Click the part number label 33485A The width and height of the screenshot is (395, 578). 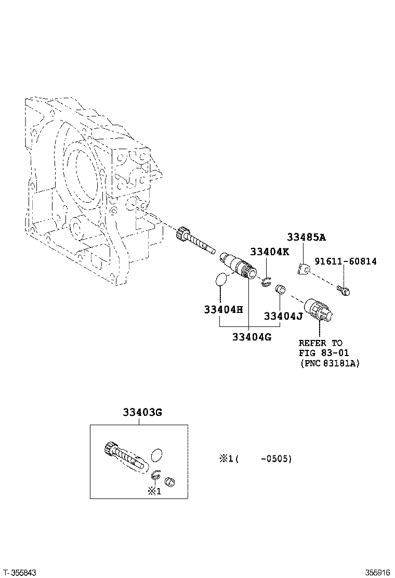[306, 238]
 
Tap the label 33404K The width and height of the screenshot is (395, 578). [269, 252]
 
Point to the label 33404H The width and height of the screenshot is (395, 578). [223, 310]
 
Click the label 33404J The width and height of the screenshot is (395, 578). [283, 316]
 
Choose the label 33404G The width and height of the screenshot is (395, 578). [252, 336]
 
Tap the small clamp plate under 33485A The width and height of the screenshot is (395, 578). [305, 269]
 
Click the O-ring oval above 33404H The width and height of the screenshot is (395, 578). [221, 279]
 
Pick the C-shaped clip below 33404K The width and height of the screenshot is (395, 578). [266, 282]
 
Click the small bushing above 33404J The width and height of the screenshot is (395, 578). [280, 288]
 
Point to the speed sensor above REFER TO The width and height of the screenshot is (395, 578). [320, 310]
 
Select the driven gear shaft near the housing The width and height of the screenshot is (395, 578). [195, 240]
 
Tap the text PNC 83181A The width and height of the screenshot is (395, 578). [330, 363]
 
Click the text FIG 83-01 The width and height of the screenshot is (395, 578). [321, 353]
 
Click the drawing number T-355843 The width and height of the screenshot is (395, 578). [19, 572]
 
